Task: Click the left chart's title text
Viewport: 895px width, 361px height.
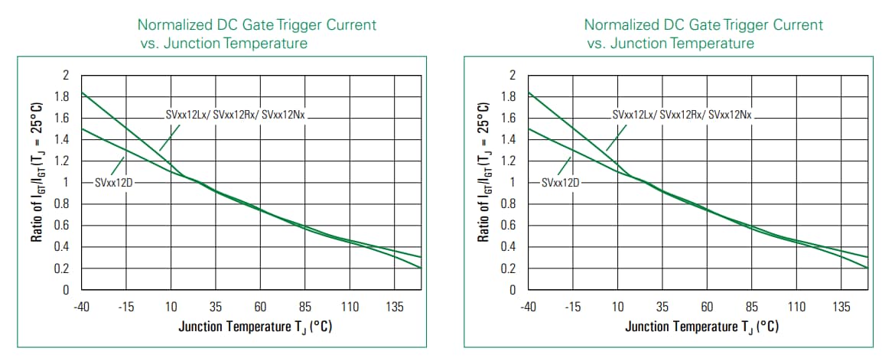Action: click(256, 34)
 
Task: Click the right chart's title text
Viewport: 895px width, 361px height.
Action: click(703, 34)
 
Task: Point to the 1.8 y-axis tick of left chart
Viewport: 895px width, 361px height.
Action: click(60, 97)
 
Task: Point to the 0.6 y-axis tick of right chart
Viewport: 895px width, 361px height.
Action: click(507, 226)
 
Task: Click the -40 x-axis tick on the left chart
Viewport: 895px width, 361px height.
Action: click(82, 307)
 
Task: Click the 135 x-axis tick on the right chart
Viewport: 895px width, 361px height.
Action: click(841, 307)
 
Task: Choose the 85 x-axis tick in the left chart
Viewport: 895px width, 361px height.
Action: click(305, 307)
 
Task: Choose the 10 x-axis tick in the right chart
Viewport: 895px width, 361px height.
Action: click(618, 307)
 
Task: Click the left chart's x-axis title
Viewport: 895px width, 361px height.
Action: click(255, 327)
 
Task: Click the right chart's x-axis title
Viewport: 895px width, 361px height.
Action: click(701, 327)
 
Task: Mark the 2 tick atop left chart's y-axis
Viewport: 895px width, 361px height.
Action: click(65, 76)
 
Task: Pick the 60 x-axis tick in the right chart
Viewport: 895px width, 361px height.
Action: click(708, 307)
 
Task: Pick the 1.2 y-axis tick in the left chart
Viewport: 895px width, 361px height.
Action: click(60, 161)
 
